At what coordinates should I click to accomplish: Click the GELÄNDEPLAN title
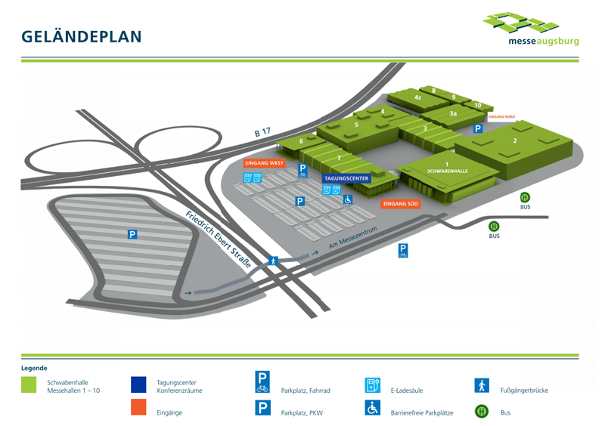click(82, 36)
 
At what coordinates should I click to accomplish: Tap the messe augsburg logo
click(531, 29)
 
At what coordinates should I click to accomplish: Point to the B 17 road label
click(262, 133)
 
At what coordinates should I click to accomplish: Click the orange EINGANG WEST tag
click(264, 162)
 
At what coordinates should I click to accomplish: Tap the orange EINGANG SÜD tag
click(400, 203)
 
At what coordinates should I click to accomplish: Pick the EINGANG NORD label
click(502, 117)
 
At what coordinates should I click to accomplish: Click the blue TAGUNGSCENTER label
click(346, 179)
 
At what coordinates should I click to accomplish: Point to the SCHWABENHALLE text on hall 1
click(447, 171)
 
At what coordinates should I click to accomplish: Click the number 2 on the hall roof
click(515, 140)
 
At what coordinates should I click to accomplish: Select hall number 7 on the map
click(340, 158)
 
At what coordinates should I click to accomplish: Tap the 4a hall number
click(417, 97)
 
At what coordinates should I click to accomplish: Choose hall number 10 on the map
click(478, 105)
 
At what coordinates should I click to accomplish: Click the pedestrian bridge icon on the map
click(274, 261)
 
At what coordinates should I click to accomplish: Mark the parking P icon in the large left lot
click(132, 235)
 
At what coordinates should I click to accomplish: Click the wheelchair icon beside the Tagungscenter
click(349, 199)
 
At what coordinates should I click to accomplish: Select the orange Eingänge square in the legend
click(138, 407)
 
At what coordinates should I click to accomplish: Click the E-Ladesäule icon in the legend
click(372, 385)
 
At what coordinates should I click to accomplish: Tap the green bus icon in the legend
click(481, 412)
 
